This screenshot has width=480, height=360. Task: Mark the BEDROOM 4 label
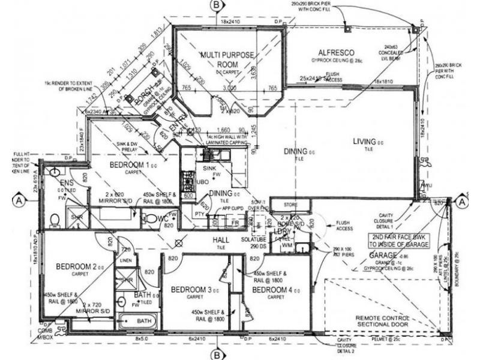(272, 290)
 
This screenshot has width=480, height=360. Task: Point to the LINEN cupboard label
(125, 260)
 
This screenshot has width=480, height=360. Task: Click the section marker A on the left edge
(20, 200)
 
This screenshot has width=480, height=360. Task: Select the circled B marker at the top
(215, 5)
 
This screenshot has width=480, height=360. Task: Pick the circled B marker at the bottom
(216, 354)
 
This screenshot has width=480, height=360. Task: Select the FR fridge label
(236, 221)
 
